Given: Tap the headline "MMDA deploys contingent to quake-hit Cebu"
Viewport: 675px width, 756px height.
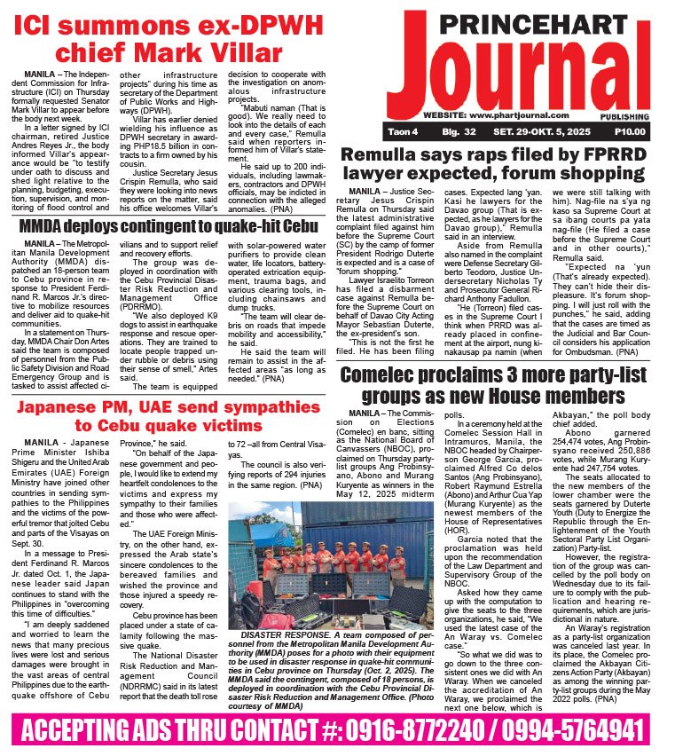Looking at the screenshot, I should tap(169, 227).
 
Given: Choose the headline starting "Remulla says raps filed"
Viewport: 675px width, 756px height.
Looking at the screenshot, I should tap(504, 165).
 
